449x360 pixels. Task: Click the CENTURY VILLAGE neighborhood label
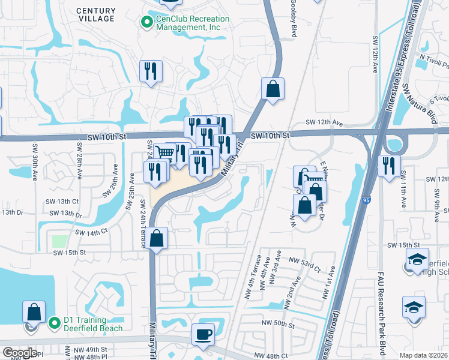pos(95,14)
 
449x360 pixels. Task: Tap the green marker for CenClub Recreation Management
pos(145,23)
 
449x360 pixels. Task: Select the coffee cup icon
pos(203,334)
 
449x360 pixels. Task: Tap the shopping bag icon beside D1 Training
pos(34,312)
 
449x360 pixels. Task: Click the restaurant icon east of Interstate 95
pos(389,165)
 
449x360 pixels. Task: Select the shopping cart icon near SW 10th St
pos(164,152)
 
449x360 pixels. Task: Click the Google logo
pos(19,353)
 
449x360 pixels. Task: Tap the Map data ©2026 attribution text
pos(424,355)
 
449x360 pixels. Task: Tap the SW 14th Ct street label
pos(91,231)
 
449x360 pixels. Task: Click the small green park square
pos(59,241)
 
